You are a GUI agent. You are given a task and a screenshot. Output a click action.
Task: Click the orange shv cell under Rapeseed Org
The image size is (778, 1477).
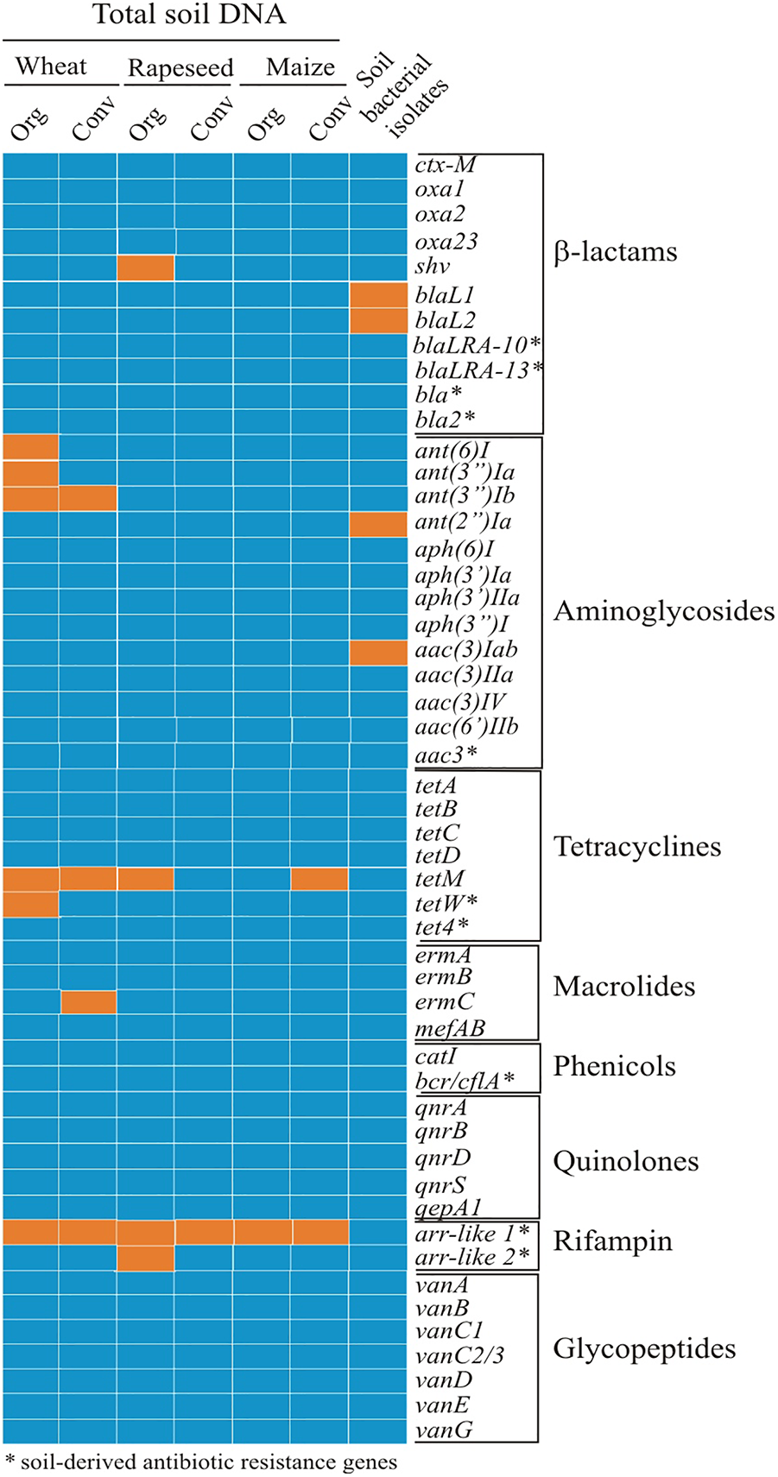click(x=146, y=268)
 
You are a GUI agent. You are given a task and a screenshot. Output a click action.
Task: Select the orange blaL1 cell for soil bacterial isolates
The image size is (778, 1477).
click(x=378, y=295)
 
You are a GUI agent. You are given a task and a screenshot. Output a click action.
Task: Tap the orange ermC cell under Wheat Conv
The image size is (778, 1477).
click(x=88, y=1002)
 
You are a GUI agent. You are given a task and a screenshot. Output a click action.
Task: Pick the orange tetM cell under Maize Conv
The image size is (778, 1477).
click(x=319, y=879)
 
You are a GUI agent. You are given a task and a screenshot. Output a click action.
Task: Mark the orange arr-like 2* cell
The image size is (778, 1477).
click(x=146, y=1258)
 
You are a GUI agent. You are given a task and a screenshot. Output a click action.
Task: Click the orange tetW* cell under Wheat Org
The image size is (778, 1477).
click(x=30, y=904)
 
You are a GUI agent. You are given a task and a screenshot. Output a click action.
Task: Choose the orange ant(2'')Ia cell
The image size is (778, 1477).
click(x=378, y=523)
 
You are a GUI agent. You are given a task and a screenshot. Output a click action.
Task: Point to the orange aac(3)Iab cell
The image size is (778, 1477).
click(x=378, y=652)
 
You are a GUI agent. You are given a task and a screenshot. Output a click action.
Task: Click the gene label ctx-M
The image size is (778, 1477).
click(x=445, y=164)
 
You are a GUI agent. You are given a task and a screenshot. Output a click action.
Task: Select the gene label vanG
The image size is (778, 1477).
click(x=444, y=1430)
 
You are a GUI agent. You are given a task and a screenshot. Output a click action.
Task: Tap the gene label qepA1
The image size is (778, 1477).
click(x=447, y=1208)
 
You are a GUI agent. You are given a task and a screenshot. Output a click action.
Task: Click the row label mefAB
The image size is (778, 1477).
click(x=449, y=1028)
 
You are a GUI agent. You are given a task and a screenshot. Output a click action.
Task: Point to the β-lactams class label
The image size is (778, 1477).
click(x=615, y=252)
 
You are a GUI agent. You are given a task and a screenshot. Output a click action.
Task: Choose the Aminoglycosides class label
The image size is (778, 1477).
click(x=663, y=611)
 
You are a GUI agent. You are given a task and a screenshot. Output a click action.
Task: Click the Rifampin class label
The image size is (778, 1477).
click(x=612, y=1241)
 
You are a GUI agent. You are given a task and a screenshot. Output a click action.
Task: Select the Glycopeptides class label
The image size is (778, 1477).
click(x=644, y=1348)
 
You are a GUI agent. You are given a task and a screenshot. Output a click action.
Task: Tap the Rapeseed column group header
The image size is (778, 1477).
click(x=180, y=67)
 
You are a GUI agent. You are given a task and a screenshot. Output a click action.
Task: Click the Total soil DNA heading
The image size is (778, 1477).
click(x=189, y=15)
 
